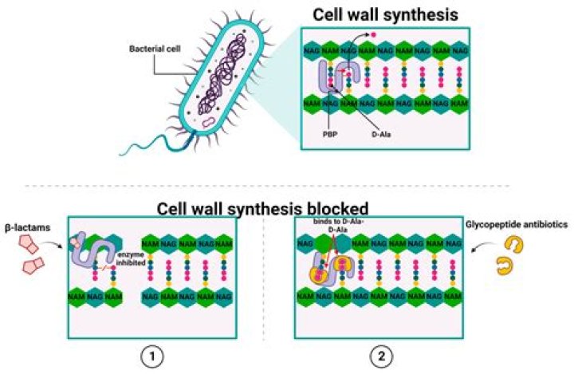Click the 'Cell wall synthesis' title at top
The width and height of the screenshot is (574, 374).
[x=383, y=14]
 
